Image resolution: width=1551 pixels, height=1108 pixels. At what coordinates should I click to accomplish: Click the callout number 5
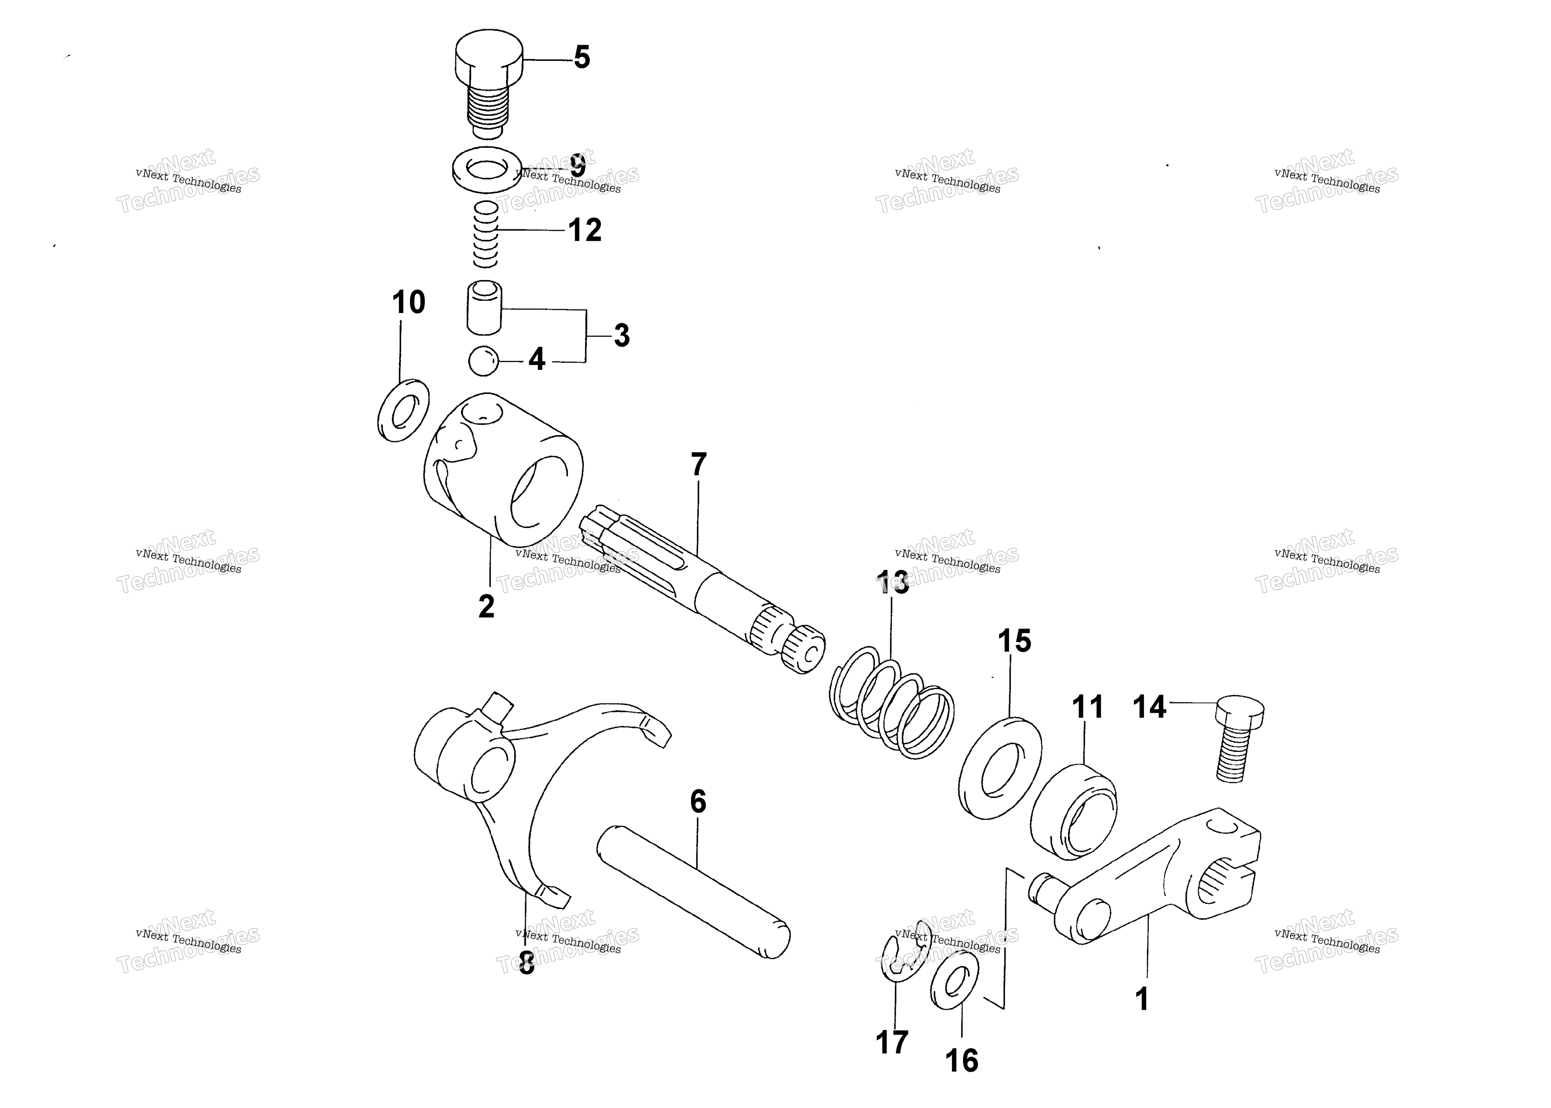click(582, 57)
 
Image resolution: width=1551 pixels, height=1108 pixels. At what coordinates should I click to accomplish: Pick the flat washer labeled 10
click(403, 409)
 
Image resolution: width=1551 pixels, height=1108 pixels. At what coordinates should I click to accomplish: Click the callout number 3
click(622, 336)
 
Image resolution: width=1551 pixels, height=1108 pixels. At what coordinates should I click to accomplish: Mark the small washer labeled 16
click(953, 982)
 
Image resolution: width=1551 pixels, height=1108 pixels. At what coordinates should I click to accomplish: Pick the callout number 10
click(408, 302)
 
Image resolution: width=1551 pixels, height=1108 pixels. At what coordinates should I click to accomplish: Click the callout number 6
click(698, 802)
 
